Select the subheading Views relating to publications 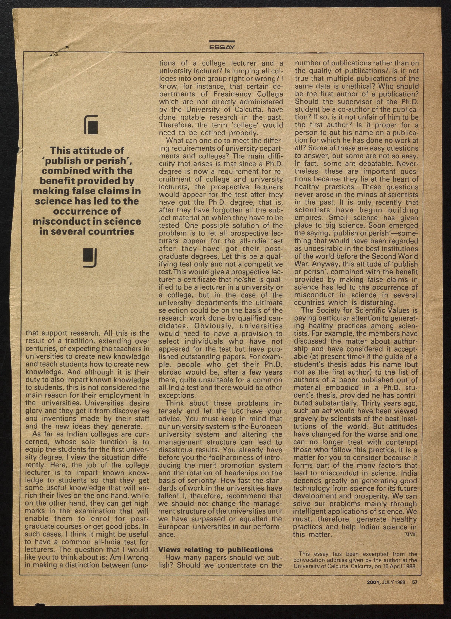[x=215, y=550]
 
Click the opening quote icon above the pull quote [x=91, y=125]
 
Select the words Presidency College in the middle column [x=248, y=94]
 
